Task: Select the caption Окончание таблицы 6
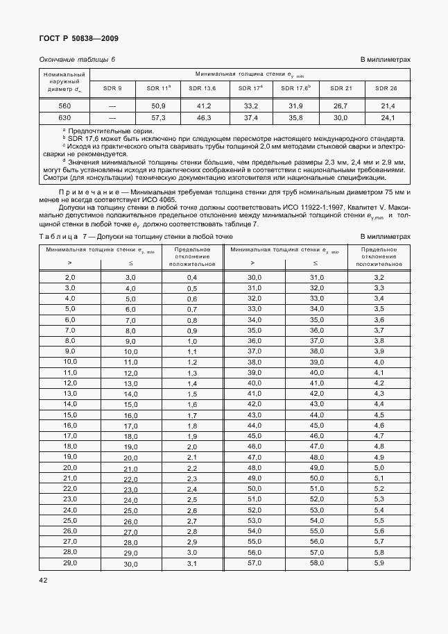(x=77, y=60)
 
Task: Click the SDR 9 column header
(x=112, y=88)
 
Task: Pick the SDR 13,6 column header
(x=204, y=88)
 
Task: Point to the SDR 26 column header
(x=386, y=88)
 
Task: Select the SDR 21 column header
(x=341, y=88)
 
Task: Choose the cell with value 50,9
(x=158, y=106)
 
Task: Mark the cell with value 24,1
(x=388, y=118)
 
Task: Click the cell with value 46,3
(x=204, y=118)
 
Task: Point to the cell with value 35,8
(x=295, y=118)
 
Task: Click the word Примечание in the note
(x=89, y=192)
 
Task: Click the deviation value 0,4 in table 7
(x=192, y=277)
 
